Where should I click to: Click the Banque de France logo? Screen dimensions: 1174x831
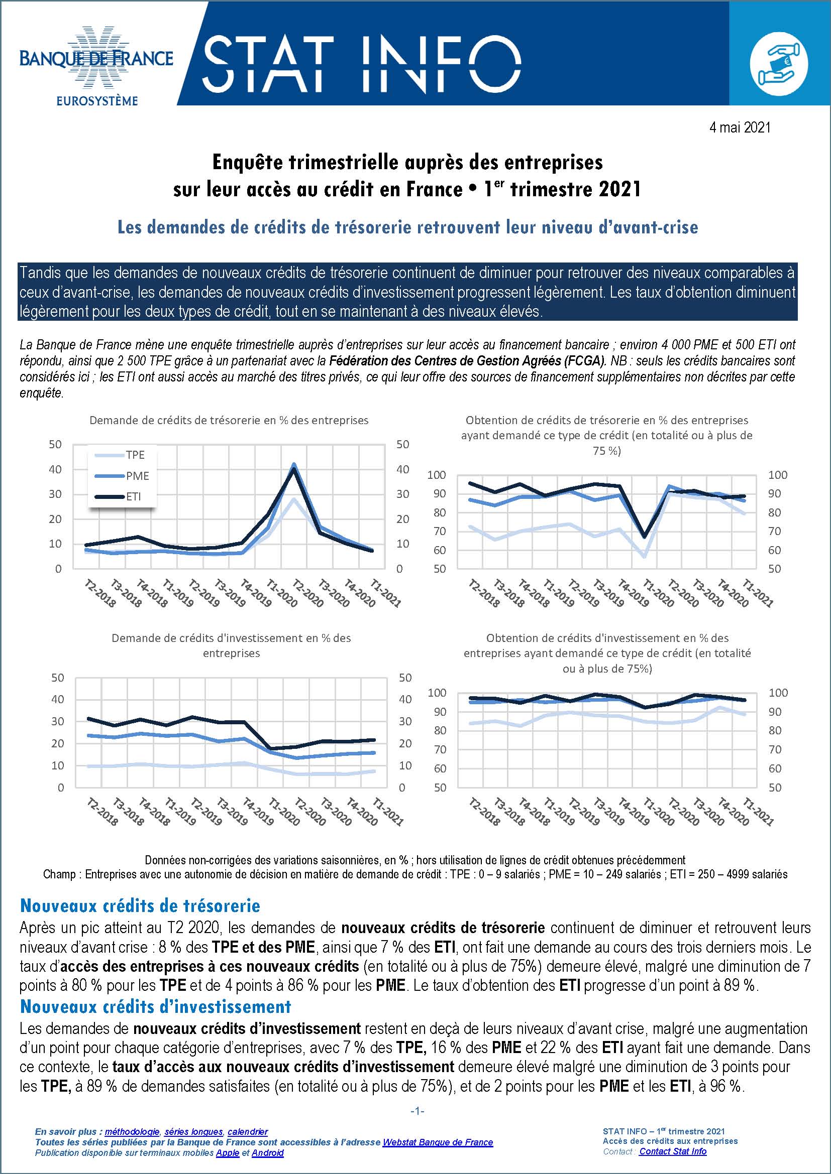click(96, 59)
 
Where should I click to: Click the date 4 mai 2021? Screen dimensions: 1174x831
click(740, 127)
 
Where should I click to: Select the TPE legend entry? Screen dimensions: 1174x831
click(135, 455)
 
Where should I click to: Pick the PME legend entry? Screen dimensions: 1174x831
click(137, 476)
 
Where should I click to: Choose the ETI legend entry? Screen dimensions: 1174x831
click(134, 496)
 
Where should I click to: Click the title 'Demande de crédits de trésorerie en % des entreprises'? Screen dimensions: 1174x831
click(229, 420)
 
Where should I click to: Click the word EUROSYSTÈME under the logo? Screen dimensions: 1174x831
click(96, 101)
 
